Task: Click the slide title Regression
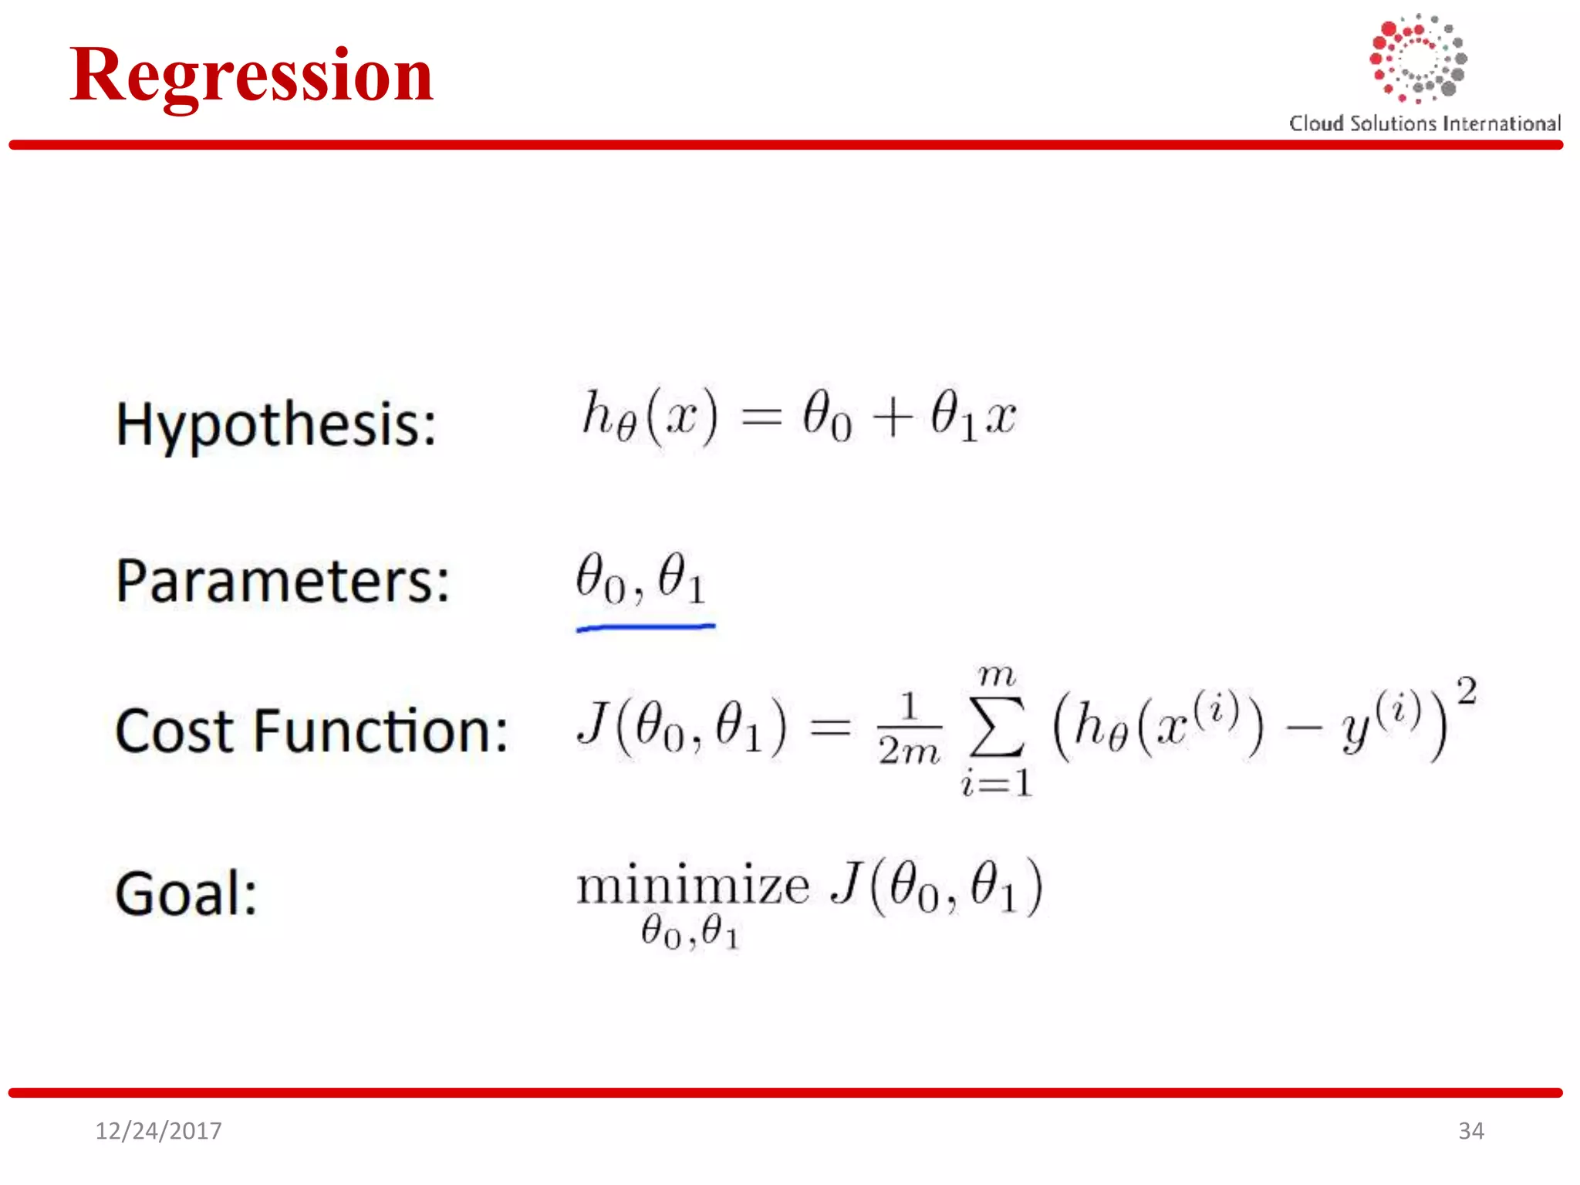pyautogui.click(x=252, y=76)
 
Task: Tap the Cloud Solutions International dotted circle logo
pyautogui.click(x=1418, y=59)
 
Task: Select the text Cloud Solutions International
pyautogui.click(x=1424, y=123)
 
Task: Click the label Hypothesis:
pyautogui.click(x=276, y=425)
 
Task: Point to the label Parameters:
pyautogui.click(x=282, y=580)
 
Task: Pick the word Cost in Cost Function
pyautogui.click(x=174, y=730)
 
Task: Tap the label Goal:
pyautogui.click(x=186, y=893)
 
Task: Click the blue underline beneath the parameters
pyautogui.click(x=646, y=628)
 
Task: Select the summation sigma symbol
pyautogui.click(x=996, y=728)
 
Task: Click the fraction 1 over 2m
pyautogui.click(x=909, y=728)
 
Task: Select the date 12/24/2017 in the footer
pyautogui.click(x=158, y=1131)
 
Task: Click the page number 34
pyautogui.click(x=1470, y=1131)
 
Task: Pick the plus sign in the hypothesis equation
pyautogui.click(x=893, y=419)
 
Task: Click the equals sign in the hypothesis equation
pyautogui.click(x=761, y=419)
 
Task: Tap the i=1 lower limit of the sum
pyautogui.click(x=996, y=784)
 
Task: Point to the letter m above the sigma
pyautogui.click(x=996, y=676)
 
